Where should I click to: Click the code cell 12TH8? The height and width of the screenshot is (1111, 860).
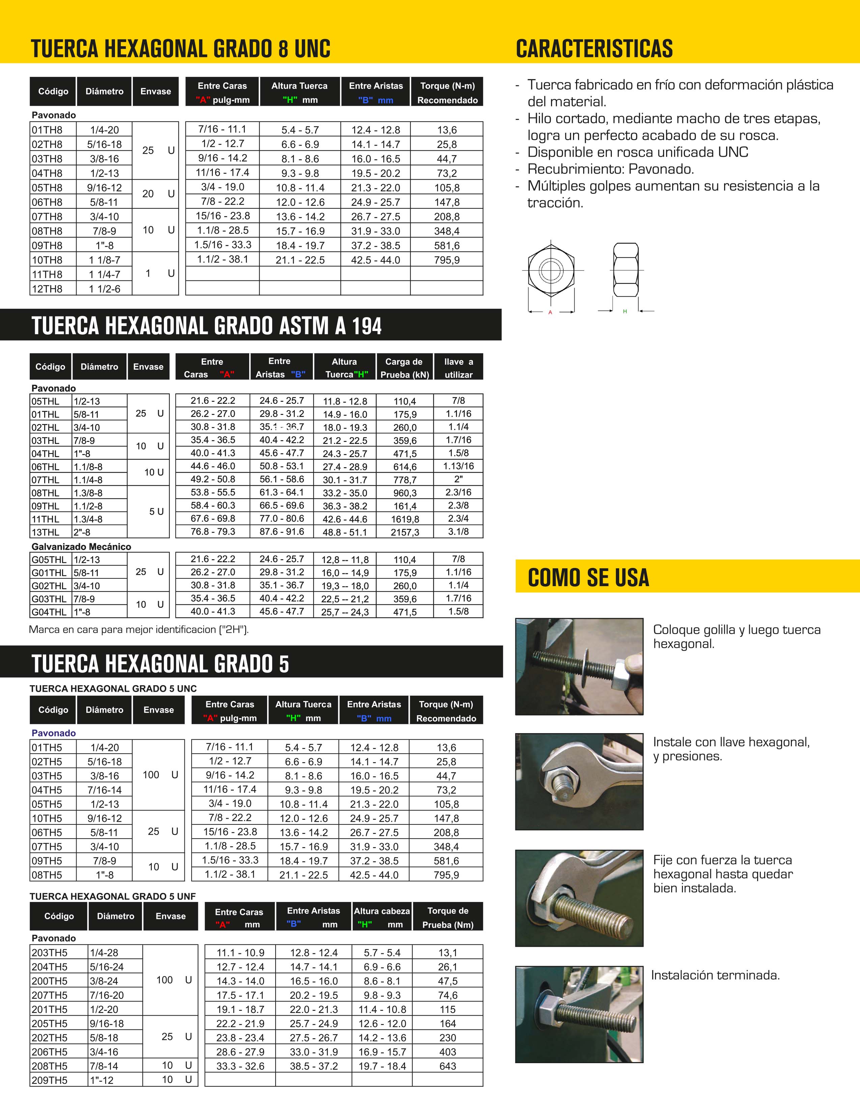click(47, 289)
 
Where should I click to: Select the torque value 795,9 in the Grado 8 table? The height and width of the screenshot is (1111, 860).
click(447, 260)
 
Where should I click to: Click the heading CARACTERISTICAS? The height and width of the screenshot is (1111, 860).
click(594, 49)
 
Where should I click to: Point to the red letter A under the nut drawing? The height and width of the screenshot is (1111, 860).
click(550, 312)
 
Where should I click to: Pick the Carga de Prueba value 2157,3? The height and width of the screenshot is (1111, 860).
click(405, 532)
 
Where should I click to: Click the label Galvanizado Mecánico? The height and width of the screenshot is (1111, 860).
click(81, 547)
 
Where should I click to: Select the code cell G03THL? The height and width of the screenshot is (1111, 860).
click(49, 599)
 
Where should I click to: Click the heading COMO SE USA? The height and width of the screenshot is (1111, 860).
click(588, 577)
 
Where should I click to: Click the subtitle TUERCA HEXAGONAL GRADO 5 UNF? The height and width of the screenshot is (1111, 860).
click(112, 896)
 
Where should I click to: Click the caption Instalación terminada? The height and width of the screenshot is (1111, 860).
click(715, 975)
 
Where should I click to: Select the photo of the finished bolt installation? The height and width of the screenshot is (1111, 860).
click(579, 1014)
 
